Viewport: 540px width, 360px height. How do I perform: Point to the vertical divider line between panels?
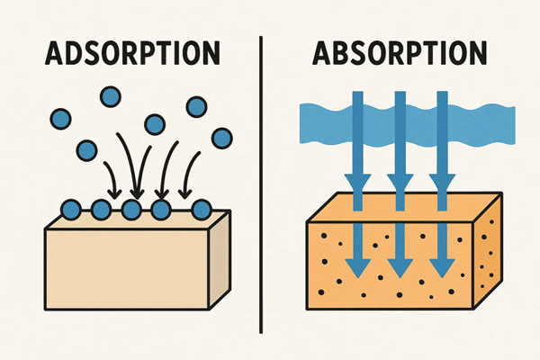[x=261, y=180]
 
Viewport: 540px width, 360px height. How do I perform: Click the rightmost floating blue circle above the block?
[x=219, y=138]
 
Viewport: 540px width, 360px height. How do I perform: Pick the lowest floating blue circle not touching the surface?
[x=87, y=149]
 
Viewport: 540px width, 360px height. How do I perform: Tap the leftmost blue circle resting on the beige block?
[x=68, y=211]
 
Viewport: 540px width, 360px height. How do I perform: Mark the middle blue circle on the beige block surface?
[x=131, y=211]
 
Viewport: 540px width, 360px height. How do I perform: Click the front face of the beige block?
[x=126, y=261]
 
